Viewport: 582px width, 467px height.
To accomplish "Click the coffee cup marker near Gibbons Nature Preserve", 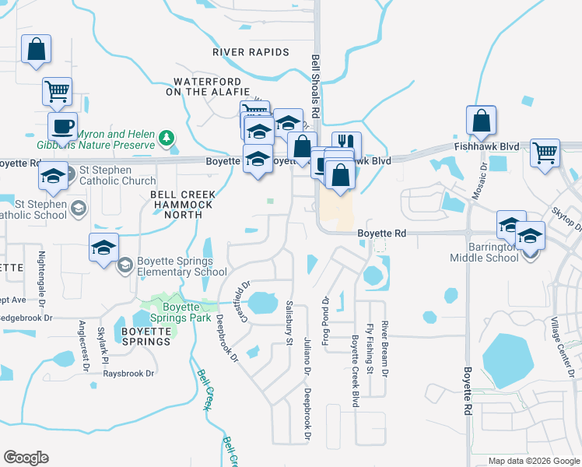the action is coord(62,126).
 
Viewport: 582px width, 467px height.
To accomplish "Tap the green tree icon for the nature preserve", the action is coord(166,139).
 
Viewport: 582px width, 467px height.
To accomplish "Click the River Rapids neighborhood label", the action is coord(251,52).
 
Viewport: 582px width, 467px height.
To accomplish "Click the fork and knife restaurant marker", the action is coord(346,145).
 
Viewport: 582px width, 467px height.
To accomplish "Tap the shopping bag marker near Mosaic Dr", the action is coord(481,121).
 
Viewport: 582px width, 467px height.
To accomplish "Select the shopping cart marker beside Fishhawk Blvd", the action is coord(545,152).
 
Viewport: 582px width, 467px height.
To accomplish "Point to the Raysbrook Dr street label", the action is coord(129,374).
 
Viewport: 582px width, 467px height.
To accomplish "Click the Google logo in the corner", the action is coord(26,458).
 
